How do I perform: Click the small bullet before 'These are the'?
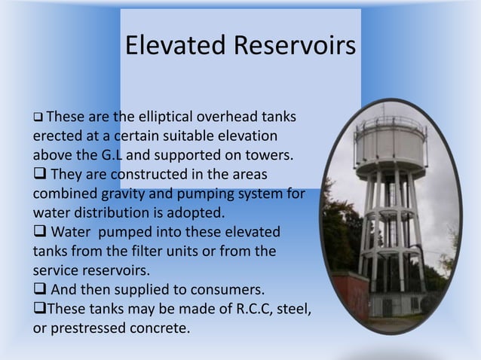click(36, 119)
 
